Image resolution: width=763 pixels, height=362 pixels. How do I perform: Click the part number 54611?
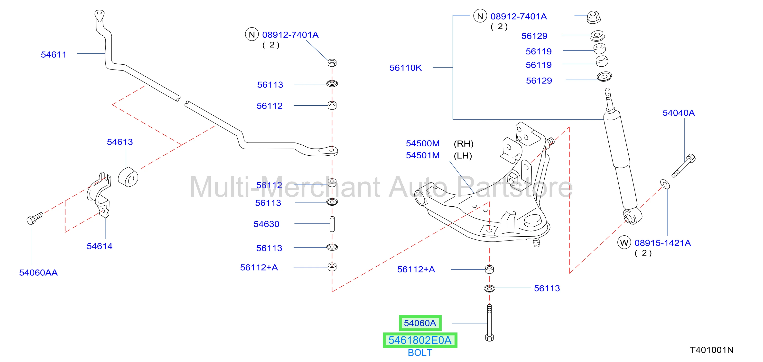tap(54, 55)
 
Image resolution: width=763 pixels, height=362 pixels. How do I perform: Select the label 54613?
tap(120, 142)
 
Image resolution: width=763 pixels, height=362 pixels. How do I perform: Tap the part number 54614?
tap(100, 246)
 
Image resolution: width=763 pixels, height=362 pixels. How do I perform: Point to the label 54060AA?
tap(38, 272)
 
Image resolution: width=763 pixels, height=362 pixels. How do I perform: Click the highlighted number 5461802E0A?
tap(420, 340)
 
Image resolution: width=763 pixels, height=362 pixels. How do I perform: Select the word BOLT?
tap(420, 352)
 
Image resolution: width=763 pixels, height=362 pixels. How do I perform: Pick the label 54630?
tap(267, 224)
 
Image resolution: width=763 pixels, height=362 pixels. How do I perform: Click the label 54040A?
tap(679, 113)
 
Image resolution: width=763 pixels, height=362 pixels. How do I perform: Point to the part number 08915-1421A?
tap(663, 243)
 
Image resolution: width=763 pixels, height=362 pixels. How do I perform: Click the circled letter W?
tap(624, 243)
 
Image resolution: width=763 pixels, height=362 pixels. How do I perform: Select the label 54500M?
tap(423, 144)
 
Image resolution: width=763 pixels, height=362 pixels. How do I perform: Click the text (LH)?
tap(463, 155)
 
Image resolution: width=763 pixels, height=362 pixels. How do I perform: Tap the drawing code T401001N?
tap(712, 350)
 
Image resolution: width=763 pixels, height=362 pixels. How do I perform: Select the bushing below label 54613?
tap(128, 177)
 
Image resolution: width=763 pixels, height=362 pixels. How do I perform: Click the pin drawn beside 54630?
tap(332, 224)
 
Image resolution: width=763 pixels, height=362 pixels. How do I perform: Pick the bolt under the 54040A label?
tap(684, 166)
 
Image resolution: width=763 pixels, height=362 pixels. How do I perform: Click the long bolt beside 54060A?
tap(489, 323)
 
